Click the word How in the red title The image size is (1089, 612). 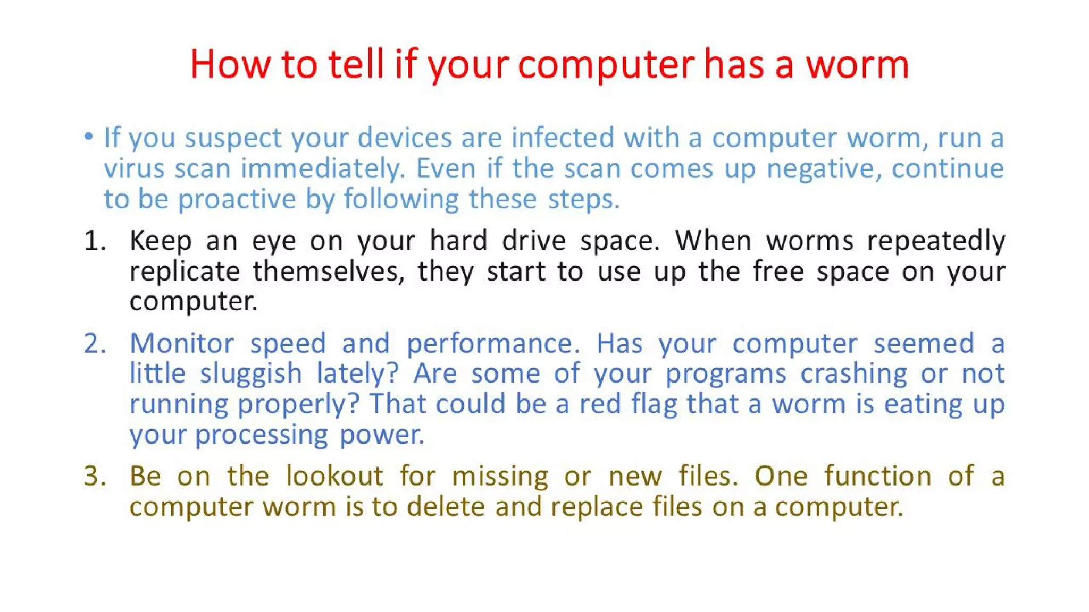230,65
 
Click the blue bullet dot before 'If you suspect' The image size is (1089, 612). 89,137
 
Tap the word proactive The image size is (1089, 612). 236,199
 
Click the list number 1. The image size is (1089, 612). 95,241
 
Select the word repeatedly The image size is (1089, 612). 936,241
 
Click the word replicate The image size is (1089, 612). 185,271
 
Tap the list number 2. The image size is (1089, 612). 95,343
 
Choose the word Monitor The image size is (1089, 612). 182,343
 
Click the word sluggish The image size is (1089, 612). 251,373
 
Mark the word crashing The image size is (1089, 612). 853,373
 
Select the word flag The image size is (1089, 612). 654,404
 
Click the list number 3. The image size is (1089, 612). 95,476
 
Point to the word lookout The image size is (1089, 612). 334,476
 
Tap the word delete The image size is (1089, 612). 446,506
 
